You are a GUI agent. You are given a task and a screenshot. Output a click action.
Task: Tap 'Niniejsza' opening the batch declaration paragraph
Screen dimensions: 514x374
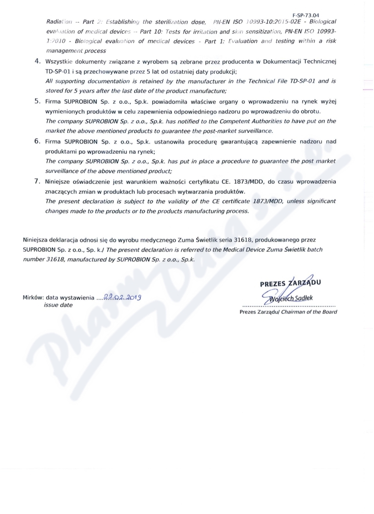36,241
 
